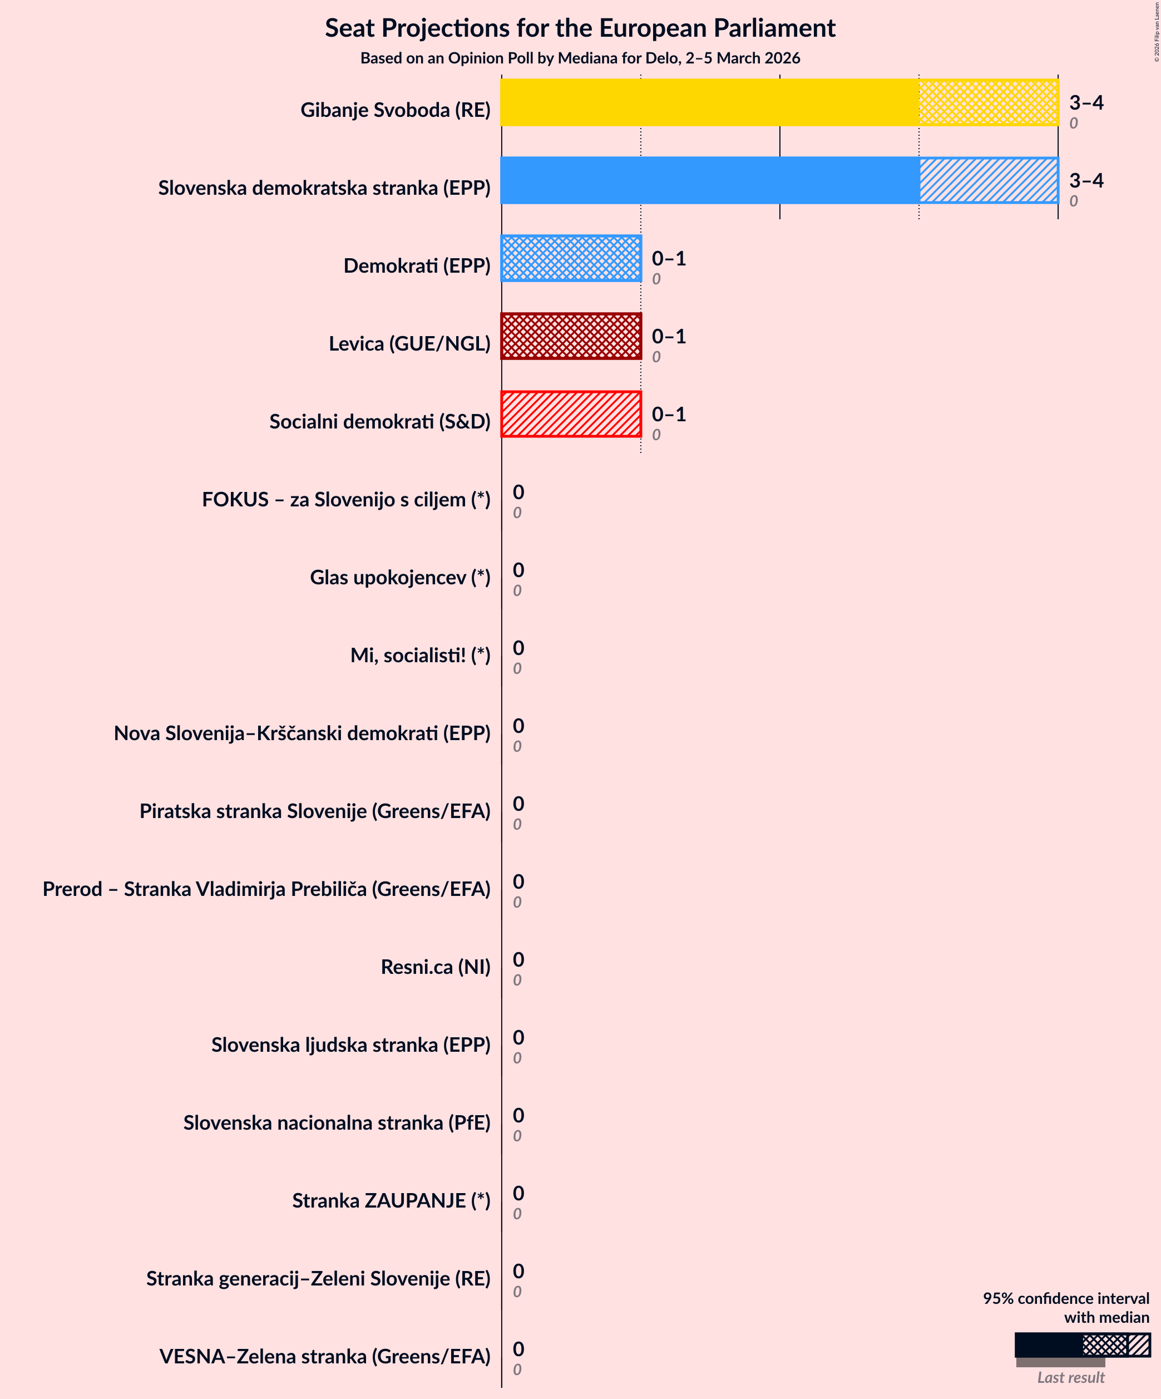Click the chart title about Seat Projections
pyautogui.click(x=580, y=28)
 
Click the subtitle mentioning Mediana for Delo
pyautogui.click(x=580, y=58)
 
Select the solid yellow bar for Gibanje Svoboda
pyautogui.click(x=709, y=102)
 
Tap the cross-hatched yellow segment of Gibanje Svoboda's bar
pyautogui.click(x=989, y=102)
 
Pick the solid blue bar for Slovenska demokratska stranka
pyautogui.click(x=709, y=180)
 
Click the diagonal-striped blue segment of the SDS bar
pyautogui.click(x=989, y=180)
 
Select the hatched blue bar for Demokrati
pyautogui.click(x=571, y=258)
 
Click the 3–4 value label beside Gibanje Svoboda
pyautogui.click(x=1086, y=102)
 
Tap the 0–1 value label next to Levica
pyautogui.click(x=668, y=337)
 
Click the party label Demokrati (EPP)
pyautogui.click(x=417, y=266)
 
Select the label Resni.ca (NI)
pyautogui.click(x=435, y=967)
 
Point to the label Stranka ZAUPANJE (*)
pyautogui.click(x=391, y=1200)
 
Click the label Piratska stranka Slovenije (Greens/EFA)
pyautogui.click(x=314, y=811)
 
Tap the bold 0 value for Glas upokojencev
pyautogui.click(x=518, y=570)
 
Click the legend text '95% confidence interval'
pyautogui.click(x=1066, y=1298)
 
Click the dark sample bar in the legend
pyautogui.click(x=1048, y=1344)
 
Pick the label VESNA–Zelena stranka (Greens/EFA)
pyautogui.click(x=324, y=1356)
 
